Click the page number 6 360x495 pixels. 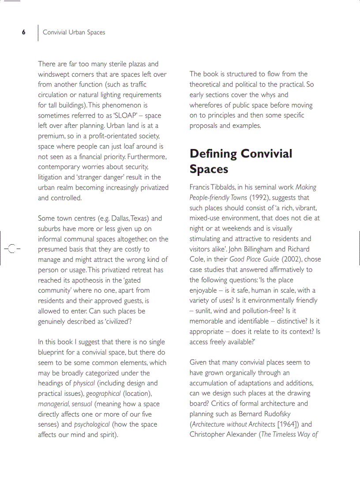(x=24, y=32)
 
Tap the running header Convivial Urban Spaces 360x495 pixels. (x=74, y=32)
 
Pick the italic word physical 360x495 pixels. (x=84, y=383)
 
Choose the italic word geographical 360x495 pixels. (x=103, y=394)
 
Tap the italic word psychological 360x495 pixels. (x=92, y=424)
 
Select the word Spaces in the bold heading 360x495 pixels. (x=209, y=169)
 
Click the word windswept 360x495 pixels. (x=55, y=74)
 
